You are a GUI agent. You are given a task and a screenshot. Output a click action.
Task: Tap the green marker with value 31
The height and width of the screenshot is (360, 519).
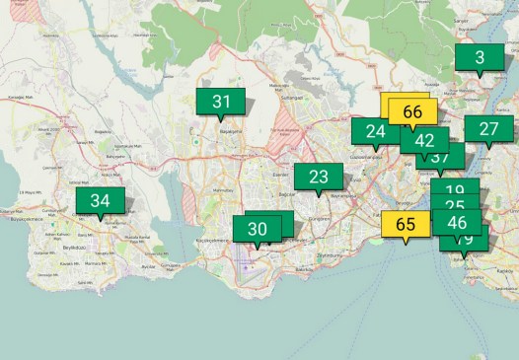click(x=221, y=101)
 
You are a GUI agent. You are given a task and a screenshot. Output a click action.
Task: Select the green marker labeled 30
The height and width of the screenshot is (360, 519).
click(x=258, y=229)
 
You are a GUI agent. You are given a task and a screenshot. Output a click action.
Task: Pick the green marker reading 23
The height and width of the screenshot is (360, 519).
click(x=318, y=178)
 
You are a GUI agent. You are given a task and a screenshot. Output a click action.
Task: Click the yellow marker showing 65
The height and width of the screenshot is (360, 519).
click(x=406, y=224)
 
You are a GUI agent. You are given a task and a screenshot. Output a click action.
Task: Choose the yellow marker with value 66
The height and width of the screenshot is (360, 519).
click(x=412, y=112)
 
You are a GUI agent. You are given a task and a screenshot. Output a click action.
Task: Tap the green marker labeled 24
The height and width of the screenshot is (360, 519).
click(x=375, y=131)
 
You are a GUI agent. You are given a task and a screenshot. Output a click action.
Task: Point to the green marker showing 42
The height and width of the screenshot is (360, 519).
click(x=424, y=140)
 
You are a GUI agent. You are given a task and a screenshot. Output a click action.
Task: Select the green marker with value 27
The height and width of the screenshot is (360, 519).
click(x=488, y=129)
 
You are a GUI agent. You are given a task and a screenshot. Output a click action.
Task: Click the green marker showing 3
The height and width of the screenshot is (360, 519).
click(x=480, y=58)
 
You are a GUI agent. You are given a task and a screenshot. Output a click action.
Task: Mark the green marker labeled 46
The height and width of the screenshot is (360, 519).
click(x=457, y=222)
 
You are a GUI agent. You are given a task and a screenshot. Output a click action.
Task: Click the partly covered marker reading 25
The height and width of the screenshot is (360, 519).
click(x=455, y=205)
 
